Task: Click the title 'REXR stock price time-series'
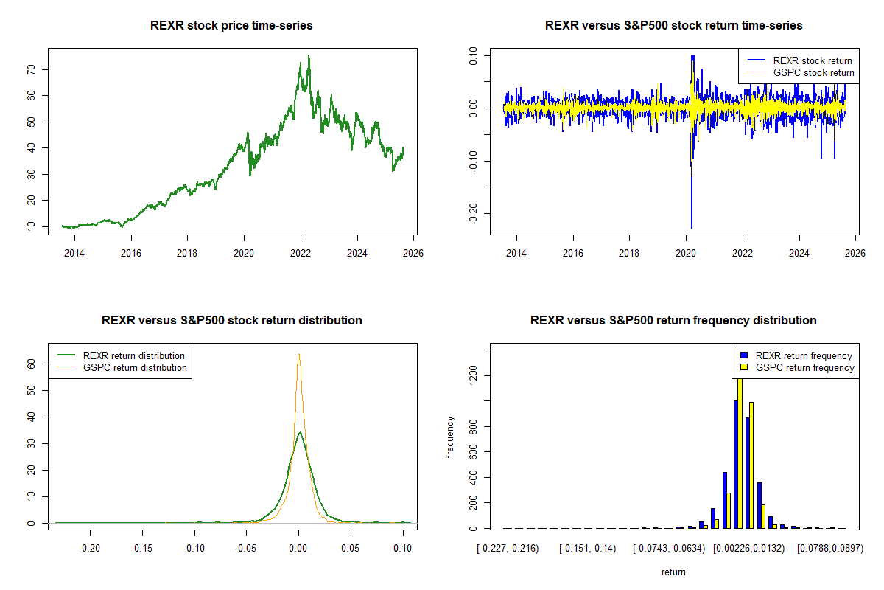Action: coord(231,26)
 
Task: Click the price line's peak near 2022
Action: coord(309,56)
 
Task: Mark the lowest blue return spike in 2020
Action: coord(691,226)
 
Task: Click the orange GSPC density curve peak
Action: coord(298,355)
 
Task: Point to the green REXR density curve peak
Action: coord(299,432)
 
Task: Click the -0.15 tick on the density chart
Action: coord(142,549)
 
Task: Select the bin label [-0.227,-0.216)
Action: coord(508,549)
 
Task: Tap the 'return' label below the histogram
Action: coord(673,572)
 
